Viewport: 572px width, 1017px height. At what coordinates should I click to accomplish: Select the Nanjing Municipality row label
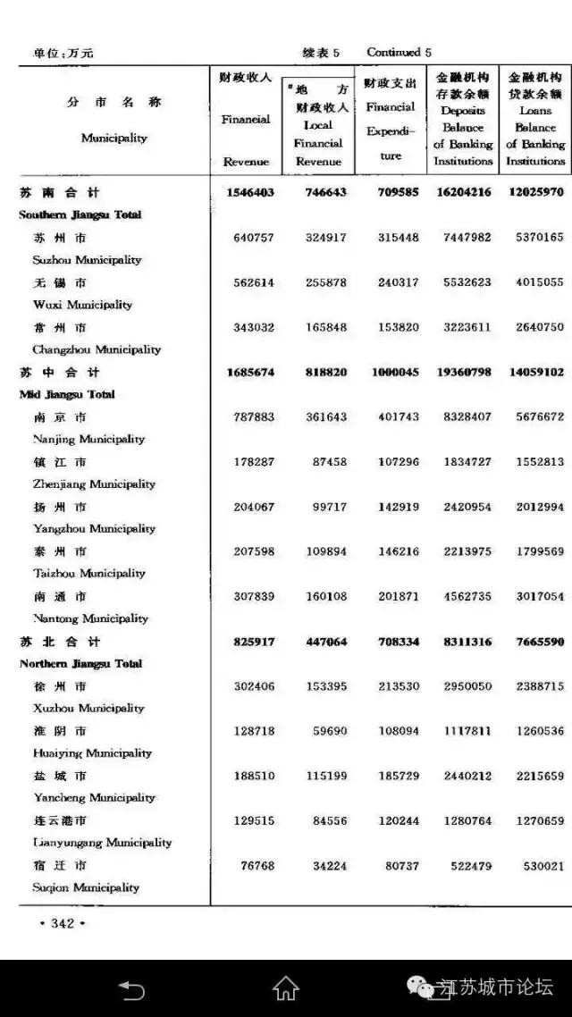click(x=88, y=439)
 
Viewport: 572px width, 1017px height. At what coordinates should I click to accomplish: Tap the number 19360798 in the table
click(x=464, y=372)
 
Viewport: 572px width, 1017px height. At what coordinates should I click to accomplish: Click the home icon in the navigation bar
click(x=286, y=988)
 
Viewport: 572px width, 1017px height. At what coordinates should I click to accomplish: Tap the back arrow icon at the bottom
click(x=132, y=988)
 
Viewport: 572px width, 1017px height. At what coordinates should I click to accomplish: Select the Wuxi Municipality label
click(x=82, y=305)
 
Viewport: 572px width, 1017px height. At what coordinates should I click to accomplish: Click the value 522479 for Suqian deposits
click(x=467, y=866)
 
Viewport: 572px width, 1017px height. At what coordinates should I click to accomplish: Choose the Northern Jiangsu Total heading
click(x=80, y=663)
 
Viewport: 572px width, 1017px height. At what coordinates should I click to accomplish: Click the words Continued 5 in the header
click(x=399, y=53)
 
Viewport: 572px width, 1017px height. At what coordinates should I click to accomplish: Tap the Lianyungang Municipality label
click(x=102, y=843)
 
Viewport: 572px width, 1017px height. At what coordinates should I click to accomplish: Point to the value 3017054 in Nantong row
click(x=534, y=596)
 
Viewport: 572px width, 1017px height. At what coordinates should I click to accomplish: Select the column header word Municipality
click(x=114, y=139)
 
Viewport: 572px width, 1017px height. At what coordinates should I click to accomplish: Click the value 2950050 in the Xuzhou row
click(x=463, y=686)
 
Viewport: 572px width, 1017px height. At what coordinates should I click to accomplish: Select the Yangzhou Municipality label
click(x=94, y=528)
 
